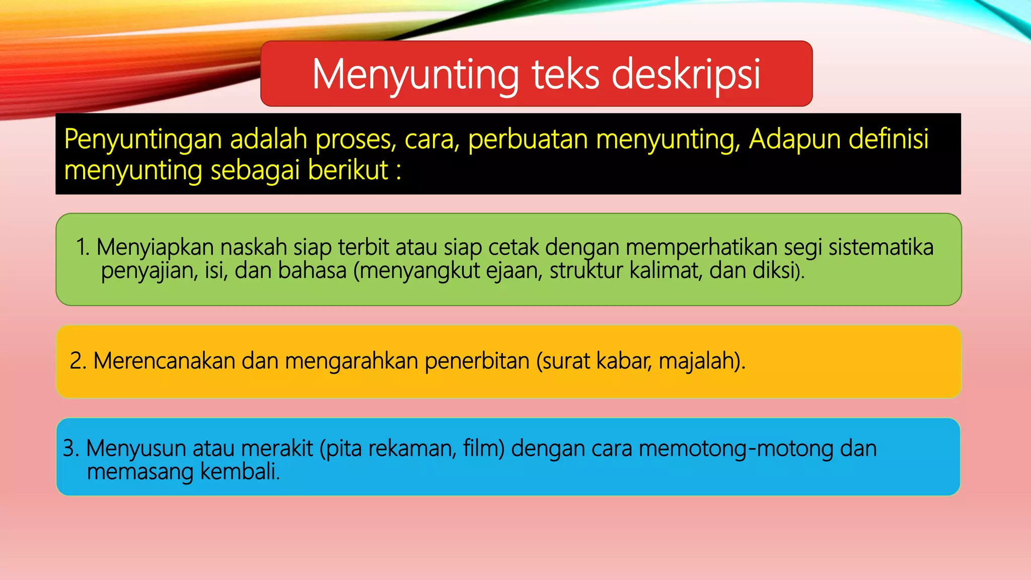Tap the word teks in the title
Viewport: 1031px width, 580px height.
coord(565,75)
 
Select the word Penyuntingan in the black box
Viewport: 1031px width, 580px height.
coord(143,139)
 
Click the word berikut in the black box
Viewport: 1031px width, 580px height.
coord(348,170)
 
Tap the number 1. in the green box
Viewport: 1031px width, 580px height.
coord(83,247)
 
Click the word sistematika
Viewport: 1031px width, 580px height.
coord(881,247)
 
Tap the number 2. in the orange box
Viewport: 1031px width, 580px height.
coord(79,361)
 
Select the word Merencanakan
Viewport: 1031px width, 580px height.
coord(164,361)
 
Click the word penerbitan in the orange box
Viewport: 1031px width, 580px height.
coord(477,361)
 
